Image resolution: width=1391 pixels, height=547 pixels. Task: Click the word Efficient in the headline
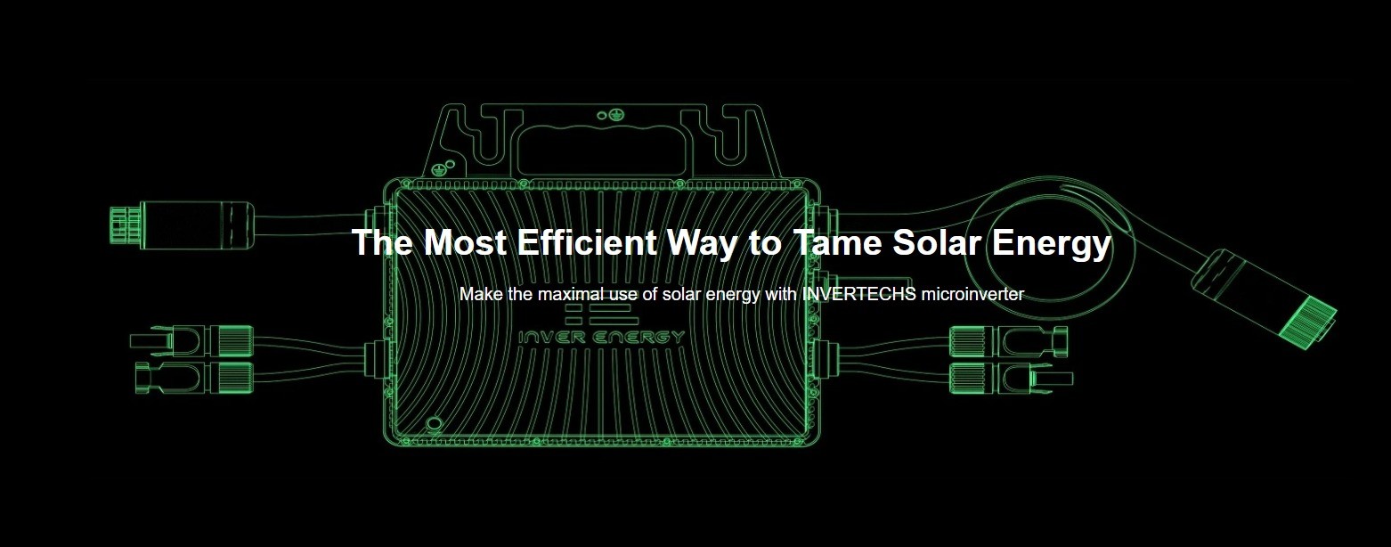point(587,242)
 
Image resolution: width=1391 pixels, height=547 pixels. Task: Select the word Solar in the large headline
point(938,242)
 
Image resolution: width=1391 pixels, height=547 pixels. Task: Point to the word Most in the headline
point(465,242)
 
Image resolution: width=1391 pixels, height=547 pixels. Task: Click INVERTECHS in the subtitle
point(858,294)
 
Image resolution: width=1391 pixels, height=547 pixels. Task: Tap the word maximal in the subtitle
point(571,294)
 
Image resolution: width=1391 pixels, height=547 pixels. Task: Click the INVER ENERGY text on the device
point(601,338)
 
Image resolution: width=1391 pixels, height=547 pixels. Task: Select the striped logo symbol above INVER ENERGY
point(601,314)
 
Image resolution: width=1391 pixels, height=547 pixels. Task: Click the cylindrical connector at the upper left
point(182,225)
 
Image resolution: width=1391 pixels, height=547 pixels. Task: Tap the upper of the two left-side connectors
point(191,340)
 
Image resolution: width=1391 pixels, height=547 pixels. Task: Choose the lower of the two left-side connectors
point(194,377)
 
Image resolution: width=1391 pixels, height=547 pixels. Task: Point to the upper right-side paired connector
point(1008,341)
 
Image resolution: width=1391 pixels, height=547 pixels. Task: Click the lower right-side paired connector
point(1011,378)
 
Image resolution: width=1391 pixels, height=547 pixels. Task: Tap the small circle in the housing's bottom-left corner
point(434,424)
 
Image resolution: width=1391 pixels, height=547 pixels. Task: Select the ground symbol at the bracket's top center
point(614,114)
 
